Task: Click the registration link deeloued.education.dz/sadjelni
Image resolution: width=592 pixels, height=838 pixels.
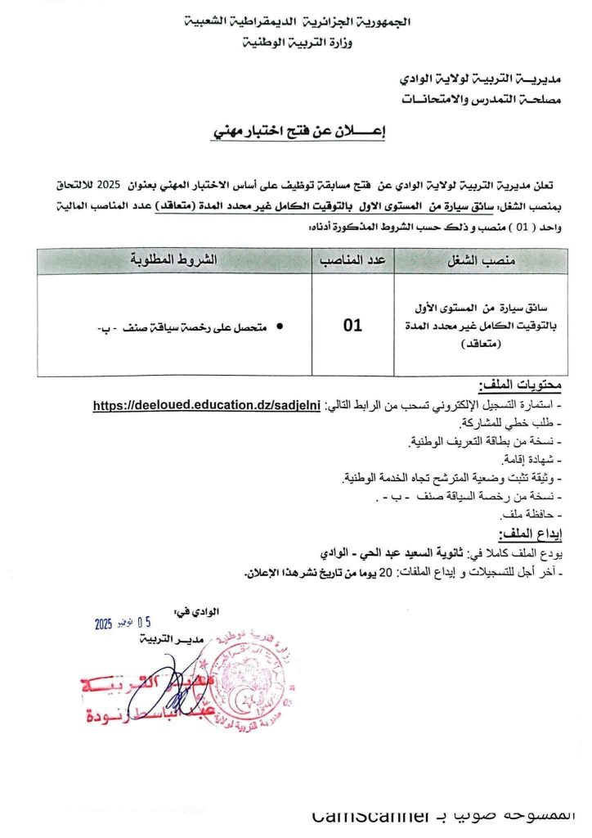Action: (208, 405)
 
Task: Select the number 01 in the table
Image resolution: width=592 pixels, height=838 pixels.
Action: (352, 326)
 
